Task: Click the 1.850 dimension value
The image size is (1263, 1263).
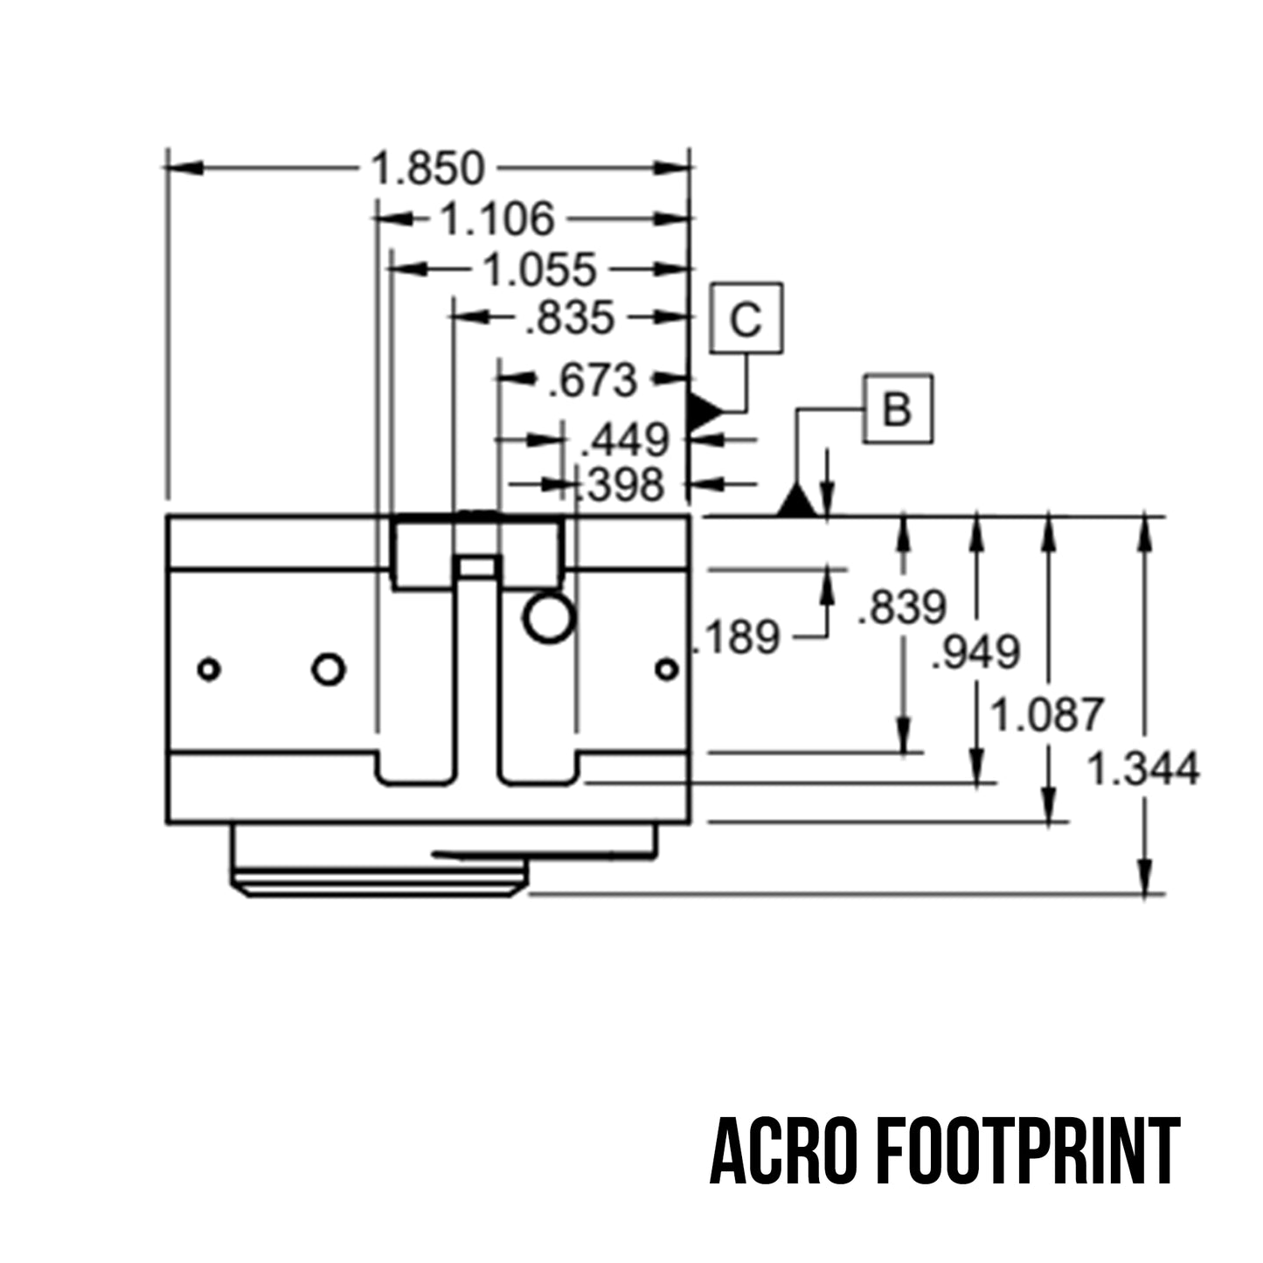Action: [427, 168]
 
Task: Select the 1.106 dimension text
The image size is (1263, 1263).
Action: [496, 219]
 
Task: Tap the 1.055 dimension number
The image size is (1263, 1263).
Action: [539, 269]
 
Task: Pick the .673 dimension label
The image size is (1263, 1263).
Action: [593, 380]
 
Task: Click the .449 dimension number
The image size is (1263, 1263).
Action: [625, 441]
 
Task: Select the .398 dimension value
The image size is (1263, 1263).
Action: [621, 484]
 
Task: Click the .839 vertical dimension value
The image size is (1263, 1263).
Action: [902, 607]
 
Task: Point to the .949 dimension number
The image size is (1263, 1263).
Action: [975, 652]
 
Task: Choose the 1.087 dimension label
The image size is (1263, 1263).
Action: [1046, 715]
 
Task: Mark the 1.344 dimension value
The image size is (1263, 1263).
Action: [1142, 769]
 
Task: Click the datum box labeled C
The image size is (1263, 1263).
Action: [746, 318]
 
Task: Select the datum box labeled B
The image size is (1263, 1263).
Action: [898, 408]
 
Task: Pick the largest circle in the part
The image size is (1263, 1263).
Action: [548, 618]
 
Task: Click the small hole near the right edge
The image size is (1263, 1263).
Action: [667, 670]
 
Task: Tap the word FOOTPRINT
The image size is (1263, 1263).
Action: [1028, 1151]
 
